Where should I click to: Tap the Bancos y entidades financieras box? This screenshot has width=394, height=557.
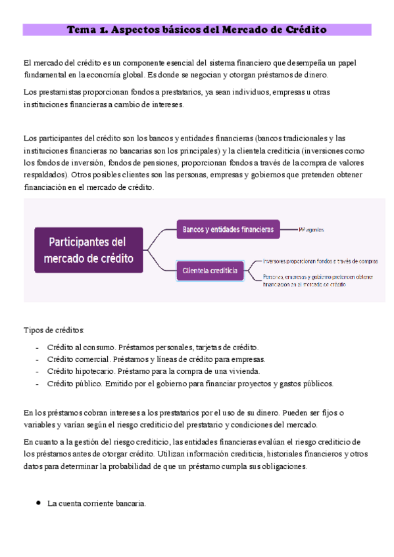point(228,229)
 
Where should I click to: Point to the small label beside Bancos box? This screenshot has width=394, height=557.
point(311,229)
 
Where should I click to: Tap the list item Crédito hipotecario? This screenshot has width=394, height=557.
point(81,371)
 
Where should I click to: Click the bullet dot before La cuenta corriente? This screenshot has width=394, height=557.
point(37,503)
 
